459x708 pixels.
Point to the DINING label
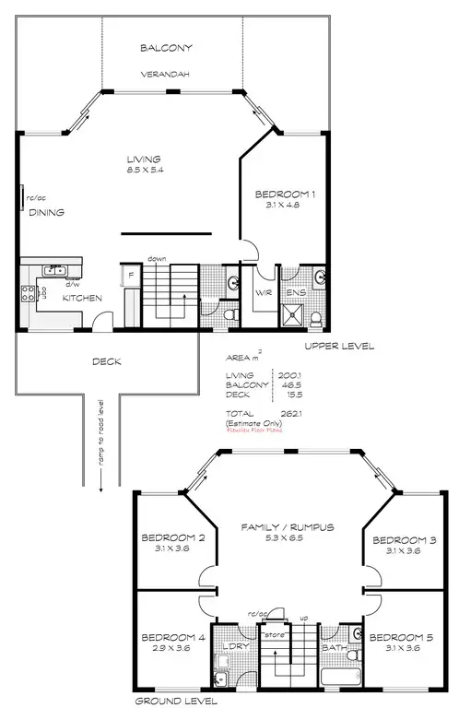(x=46, y=212)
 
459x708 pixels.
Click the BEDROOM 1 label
(x=285, y=195)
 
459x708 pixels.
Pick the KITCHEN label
(x=82, y=298)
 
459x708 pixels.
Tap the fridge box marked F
(x=131, y=276)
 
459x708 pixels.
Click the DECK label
(x=106, y=361)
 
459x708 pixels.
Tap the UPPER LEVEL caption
(x=339, y=347)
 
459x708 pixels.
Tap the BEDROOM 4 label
(x=172, y=637)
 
